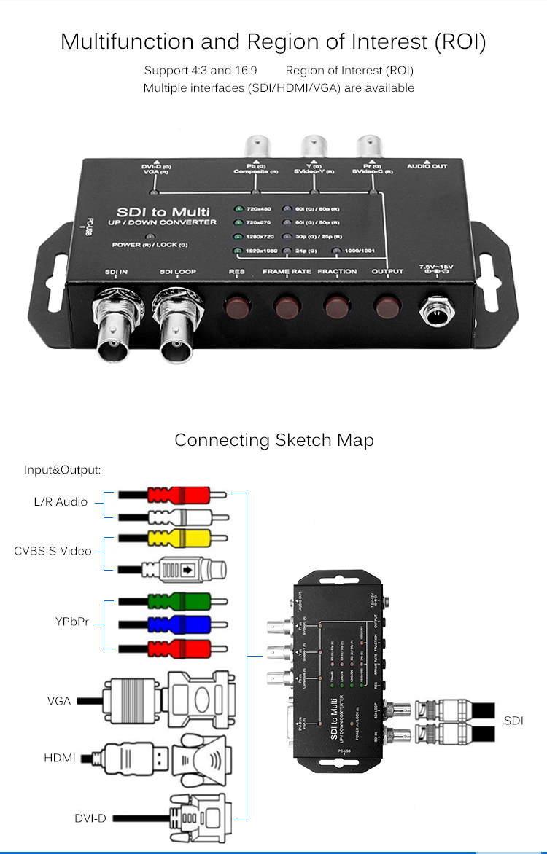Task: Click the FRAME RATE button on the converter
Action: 287,306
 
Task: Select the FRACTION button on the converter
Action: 337,306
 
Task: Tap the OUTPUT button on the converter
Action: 387,306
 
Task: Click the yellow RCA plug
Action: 178,539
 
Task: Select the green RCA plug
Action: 178,602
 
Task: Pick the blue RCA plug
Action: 178,624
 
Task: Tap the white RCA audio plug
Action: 178,517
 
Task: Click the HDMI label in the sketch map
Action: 60,758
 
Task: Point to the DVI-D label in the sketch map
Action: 90,818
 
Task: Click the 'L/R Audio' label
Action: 61,501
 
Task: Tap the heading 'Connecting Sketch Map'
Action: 273,440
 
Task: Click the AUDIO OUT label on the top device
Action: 427,167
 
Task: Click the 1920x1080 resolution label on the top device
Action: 260,251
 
